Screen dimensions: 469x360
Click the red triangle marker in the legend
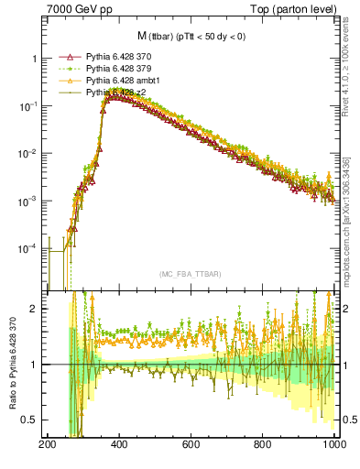coord(65,57)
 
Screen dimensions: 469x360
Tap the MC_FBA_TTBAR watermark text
coord(191,275)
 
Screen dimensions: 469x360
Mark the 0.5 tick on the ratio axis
coord(34,420)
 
